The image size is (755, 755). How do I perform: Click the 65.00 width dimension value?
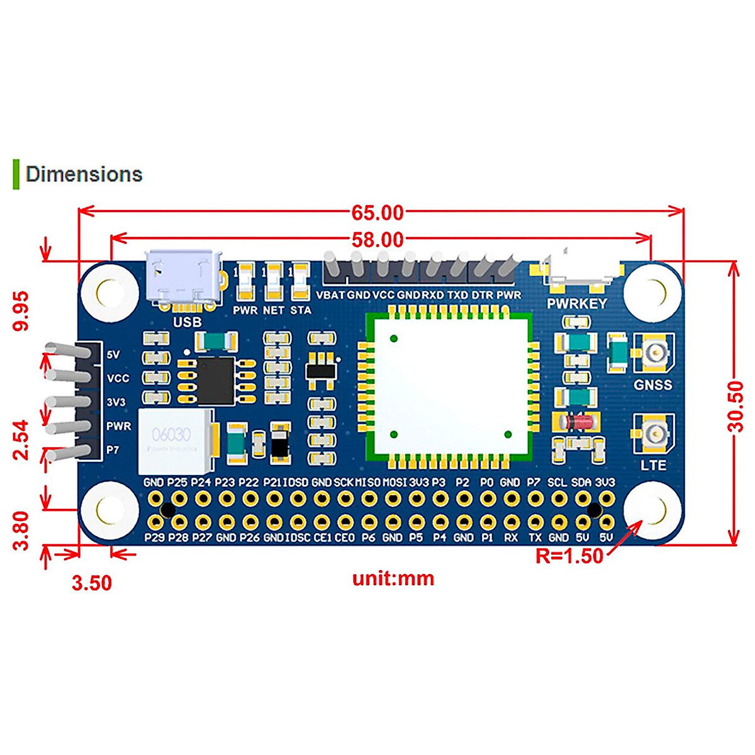(377, 213)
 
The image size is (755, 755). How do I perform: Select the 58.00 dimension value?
(377, 240)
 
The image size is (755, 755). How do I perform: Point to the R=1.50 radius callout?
(569, 556)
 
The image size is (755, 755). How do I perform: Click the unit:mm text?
(393, 578)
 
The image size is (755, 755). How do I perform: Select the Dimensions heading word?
(84, 174)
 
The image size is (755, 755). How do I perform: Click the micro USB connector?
(184, 280)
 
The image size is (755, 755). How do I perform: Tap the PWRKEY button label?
(577, 303)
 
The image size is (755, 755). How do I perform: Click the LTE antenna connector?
(654, 434)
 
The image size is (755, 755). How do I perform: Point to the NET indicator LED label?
(274, 310)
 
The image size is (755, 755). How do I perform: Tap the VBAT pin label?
(330, 295)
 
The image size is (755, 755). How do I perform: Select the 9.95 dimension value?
(21, 310)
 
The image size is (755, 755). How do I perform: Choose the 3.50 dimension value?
(92, 583)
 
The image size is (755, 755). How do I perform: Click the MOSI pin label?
(394, 483)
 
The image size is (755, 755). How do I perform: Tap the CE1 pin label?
(322, 538)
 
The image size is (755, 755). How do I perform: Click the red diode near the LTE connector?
(577, 422)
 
